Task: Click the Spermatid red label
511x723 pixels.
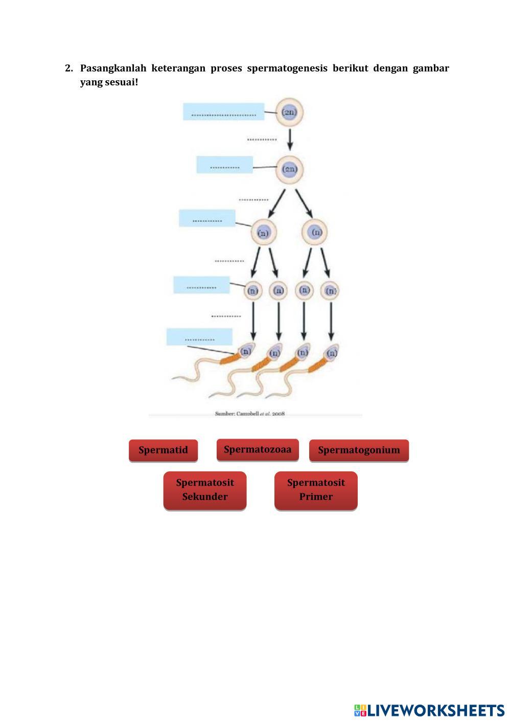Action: (x=163, y=450)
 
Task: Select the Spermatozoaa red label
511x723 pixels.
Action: (x=258, y=449)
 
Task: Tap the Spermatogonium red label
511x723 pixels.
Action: (x=359, y=450)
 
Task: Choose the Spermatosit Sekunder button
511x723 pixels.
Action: (x=205, y=490)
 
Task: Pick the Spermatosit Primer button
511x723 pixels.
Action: (x=316, y=490)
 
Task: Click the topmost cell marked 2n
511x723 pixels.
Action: (x=290, y=112)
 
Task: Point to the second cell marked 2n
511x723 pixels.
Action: (x=290, y=169)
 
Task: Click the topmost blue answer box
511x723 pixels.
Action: (x=224, y=112)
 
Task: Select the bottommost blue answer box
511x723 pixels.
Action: (x=199, y=337)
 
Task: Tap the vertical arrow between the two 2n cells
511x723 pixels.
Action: (x=290, y=139)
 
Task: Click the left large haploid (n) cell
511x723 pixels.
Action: (x=263, y=233)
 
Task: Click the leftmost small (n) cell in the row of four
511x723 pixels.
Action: (x=253, y=290)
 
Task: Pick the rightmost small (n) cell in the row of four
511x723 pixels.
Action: (x=331, y=290)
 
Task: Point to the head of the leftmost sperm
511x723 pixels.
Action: (x=246, y=351)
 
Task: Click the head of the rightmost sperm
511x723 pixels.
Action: (x=332, y=353)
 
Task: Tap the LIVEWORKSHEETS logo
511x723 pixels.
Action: (x=429, y=710)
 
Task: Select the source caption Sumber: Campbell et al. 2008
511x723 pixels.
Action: (x=250, y=413)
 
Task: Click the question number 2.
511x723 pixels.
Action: (x=68, y=68)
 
